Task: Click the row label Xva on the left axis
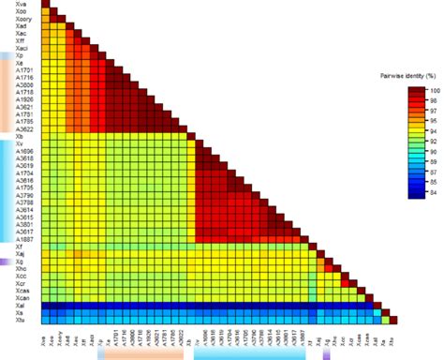[21, 7]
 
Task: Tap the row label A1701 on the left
[24, 70]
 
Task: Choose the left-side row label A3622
[24, 127]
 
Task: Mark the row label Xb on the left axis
[20, 137]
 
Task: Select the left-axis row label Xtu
[21, 322]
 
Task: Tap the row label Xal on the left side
[21, 305]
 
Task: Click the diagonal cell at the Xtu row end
[392, 321]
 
